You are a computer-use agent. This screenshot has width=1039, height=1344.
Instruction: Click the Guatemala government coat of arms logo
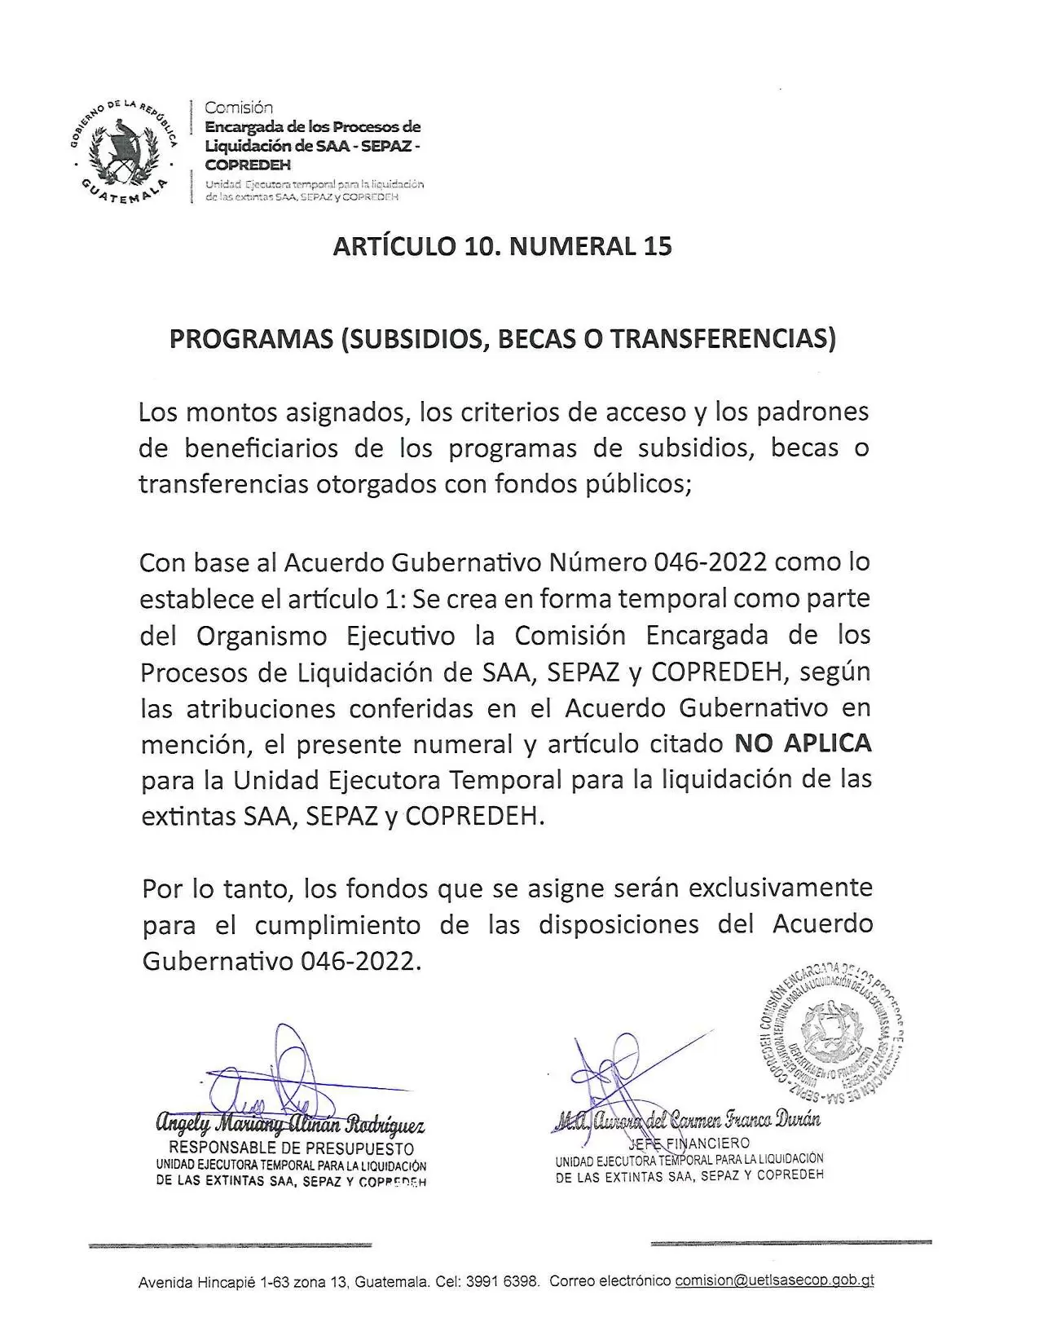pyautogui.click(x=123, y=150)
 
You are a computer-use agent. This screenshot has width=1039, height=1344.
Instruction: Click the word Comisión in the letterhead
pyautogui.click(x=239, y=108)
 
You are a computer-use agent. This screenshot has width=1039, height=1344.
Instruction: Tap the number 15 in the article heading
pyautogui.click(x=657, y=246)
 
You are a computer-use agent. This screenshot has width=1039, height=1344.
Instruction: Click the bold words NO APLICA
pyautogui.click(x=803, y=743)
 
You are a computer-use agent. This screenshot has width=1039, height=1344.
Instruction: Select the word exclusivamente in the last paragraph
pyautogui.click(x=781, y=887)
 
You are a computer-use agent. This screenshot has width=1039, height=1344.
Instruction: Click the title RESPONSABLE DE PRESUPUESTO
pyautogui.click(x=291, y=1149)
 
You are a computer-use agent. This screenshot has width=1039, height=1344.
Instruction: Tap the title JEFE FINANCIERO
pyautogui.click(x=689, y=1144)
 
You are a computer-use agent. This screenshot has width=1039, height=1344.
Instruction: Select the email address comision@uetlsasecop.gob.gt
pyautogui.click(x=774, y=1280)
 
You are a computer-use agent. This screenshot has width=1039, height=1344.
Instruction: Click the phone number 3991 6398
pyautogui.click(x=502, y=1281)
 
